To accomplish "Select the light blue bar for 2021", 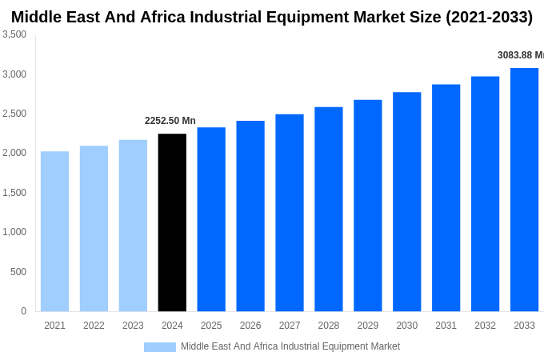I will [54, 231].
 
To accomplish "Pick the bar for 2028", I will [329, 209].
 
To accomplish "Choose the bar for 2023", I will [133, 226].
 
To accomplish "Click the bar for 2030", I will [406, 202].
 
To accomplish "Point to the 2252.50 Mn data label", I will [170, 121].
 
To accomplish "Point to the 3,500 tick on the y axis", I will [14, 34].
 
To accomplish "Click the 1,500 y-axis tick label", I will [14, 193].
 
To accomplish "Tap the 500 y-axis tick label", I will [18, 272].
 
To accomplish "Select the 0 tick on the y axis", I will [23, 311].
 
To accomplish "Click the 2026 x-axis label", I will [250, 326].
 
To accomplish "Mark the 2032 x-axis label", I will [485, 326].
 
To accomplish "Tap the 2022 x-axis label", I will [94, 326].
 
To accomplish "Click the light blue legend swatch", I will [159, 347].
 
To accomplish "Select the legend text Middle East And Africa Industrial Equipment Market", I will [290, 346].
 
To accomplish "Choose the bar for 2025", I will [211, 219].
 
